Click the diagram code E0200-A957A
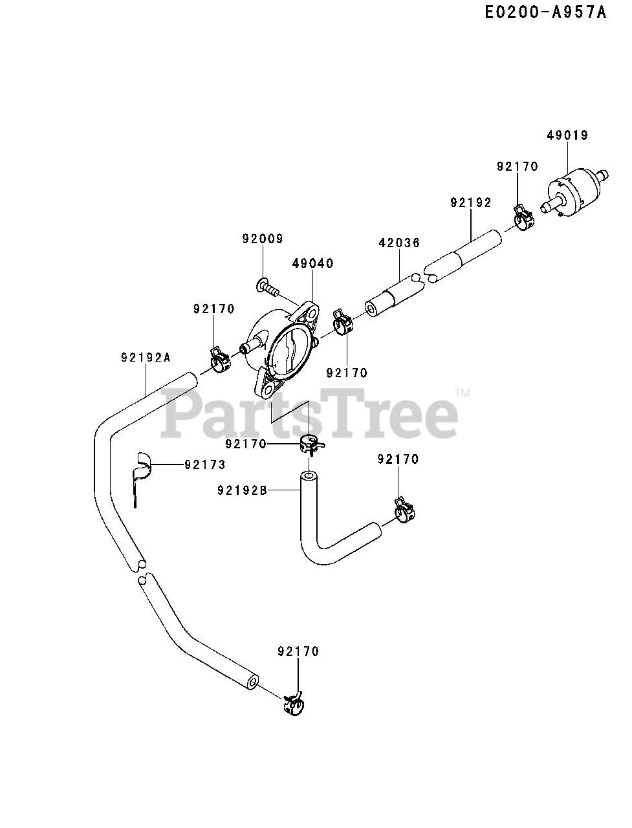coord(546,12)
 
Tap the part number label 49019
coord(567,135)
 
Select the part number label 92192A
coord(146,357)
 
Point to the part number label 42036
coord(399,243)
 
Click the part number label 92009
coord(263,239)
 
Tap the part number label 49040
coord(312,263)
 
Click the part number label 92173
coord(205,464)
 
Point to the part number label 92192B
coord(242,490)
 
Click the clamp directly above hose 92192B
coord(311,444)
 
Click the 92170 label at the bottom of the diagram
coord(298,651)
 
